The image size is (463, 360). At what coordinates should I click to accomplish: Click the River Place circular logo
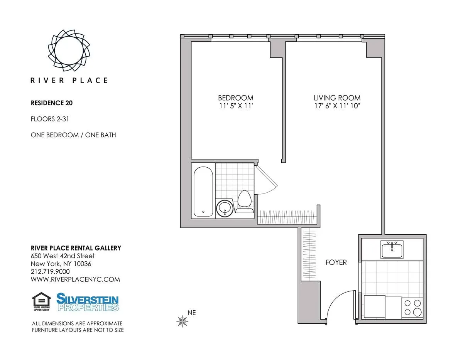69,50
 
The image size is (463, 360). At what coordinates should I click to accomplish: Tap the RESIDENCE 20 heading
52,103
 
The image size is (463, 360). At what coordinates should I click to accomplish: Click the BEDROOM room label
235,98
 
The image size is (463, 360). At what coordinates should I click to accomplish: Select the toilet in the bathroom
244,202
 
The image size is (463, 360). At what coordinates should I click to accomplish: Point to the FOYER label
336,262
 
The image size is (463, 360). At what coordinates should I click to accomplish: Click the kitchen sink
392,250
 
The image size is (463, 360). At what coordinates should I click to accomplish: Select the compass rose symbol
181,321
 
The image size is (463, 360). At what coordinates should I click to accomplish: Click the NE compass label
192,313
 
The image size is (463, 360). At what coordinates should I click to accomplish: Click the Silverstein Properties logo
88,302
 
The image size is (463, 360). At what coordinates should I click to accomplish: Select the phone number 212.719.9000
50,272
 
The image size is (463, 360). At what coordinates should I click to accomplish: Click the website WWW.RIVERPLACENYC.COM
75,279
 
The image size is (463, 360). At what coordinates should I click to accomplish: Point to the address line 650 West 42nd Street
63,256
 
